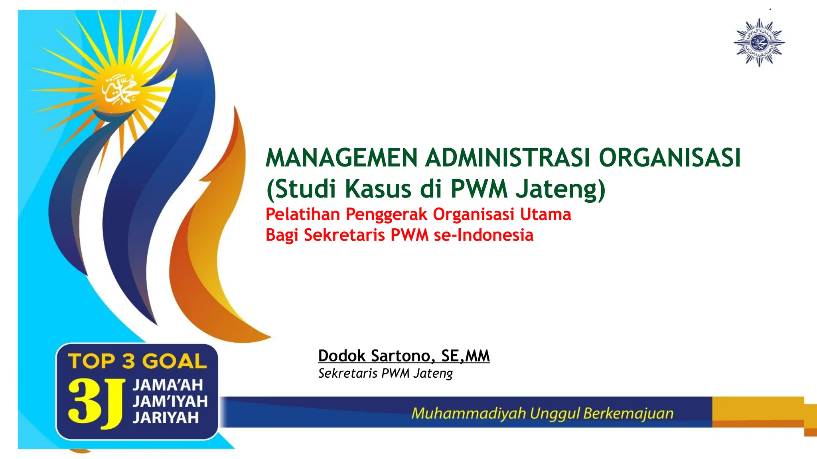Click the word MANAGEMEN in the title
[341, 158]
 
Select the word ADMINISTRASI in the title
[507, 158]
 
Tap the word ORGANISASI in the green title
[670, 158]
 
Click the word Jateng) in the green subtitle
[560, 189]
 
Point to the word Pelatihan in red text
[302, 214]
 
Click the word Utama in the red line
[545, 214]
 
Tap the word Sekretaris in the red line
[344, 235]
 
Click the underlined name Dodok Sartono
[374, 356]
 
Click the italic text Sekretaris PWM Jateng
[385, 373]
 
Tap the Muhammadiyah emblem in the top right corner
[759, 42]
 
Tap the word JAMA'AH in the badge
[168, 385]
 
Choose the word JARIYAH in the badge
[166, 418]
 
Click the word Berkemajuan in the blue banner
[628, 413]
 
